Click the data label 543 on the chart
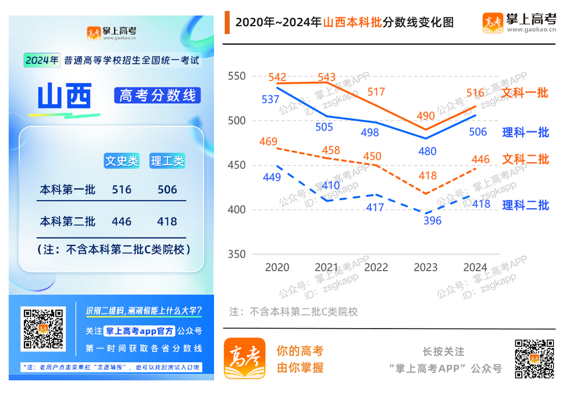click(x=327, y=77)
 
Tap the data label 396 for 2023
click(x=432, y=221)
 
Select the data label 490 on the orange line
click(x=426, y=116)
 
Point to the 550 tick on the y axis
click(x=236, y=76)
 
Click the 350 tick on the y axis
click(x=236, y=254)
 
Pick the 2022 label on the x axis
click(x=376, y=267)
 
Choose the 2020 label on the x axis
click(x=277, y=267)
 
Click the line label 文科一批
click(x=525, y=92)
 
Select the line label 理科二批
click(x=525, y=205)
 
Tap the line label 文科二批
click(x=525, y=159)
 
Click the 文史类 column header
click(x=122, y=161)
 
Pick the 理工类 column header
click(x=167, y=161)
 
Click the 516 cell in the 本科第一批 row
click(x=122, y=190)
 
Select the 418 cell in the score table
click(x=167, y=221)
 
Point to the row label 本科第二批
click(x=68, y=221)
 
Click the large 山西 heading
click(x=64, y=97)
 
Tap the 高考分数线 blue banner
click(x=158, y=96)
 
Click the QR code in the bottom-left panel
click(x=43, y=329)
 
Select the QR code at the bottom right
click(x=534, y=359)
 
